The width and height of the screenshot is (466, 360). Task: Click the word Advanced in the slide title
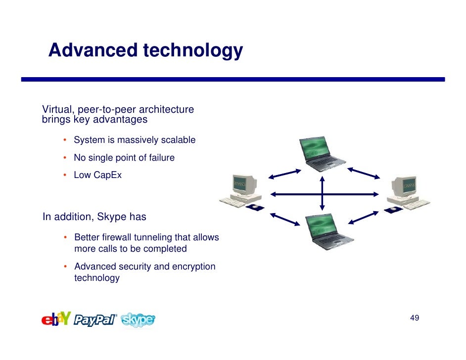(93, 50)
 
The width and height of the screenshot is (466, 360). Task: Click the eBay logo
(56, 319)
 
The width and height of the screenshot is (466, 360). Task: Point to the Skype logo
(138, 320)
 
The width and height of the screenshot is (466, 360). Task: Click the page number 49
(415, 317)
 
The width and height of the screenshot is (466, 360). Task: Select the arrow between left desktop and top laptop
(285, 173)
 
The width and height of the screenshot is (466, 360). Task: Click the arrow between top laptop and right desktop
(364, 173)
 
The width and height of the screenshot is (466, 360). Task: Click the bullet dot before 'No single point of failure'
(65, 158)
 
